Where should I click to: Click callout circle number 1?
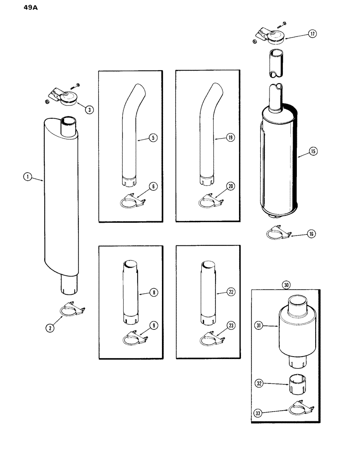point(28,176)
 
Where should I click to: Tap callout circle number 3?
point(89,109)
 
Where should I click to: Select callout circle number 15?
point(313,151)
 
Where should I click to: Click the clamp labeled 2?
point(72,311)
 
